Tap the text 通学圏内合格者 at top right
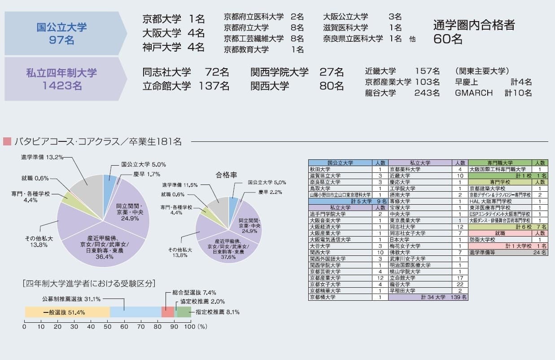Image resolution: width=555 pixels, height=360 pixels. (x=474, y=25)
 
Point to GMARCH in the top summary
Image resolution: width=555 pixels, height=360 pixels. (x=473, y=93)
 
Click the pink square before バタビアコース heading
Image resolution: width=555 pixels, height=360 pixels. (x=7, y=142)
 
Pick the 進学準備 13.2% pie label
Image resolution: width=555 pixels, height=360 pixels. (x=42, y=157)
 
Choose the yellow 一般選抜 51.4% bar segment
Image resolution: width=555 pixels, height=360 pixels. (x=67, y=312)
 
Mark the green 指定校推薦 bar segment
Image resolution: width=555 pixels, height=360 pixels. (x=184, y=312)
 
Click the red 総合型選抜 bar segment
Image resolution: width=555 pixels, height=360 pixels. (x=168, y=312)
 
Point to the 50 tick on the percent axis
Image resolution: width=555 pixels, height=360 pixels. (x=107, y=327)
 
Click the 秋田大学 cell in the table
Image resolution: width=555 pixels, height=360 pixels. (x=340, y=169)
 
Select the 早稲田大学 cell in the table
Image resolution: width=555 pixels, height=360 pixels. (x=420, y=290)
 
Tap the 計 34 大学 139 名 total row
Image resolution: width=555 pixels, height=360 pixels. (x=428, y=297)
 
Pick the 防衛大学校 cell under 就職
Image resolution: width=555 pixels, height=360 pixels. (x=499, y=240)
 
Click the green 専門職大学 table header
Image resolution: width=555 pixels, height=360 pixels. (x=499, y=163)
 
